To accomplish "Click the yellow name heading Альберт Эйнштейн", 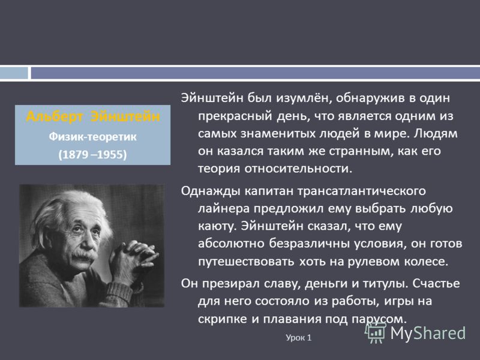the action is tap(93, 117).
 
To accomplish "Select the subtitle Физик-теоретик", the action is tap(93, 137).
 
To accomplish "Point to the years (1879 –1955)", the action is tap(92, 154).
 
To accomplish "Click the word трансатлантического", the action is tap(362, 191).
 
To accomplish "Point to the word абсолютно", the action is tap(231, 244).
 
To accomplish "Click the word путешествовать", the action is tap(246, 262).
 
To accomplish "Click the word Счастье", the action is tap(436, 283).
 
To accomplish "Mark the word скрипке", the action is tap(223, 319).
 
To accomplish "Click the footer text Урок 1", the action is tap(298, 338).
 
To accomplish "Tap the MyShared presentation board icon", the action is tap(376, 332).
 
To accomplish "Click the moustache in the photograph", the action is tap(83, 255).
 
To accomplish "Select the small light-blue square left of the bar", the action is tap(14, 73).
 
